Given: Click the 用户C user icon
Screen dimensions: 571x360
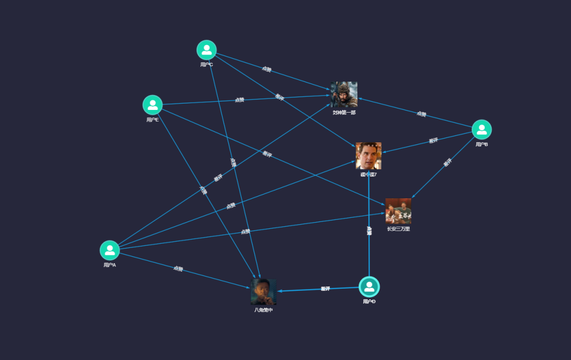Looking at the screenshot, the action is tap(206, 50).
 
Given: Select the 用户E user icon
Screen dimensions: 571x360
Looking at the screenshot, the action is tap(152, 105).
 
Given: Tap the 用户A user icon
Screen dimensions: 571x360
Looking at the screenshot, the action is tap(109, 250).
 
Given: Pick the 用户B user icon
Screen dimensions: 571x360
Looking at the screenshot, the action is tap(481, 130).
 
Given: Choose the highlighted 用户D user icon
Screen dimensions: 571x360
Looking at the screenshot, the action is tap(369, 287).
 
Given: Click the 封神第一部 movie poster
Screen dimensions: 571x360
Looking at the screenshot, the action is tap(344, 95).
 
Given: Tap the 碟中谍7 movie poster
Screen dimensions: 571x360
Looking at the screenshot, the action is tap(369, 155).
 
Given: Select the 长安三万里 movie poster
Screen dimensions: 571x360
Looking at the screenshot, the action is tap(398, 211).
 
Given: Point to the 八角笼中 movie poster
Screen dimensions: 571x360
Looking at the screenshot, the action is tap(263, 292).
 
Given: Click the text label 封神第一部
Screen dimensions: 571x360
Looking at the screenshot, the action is tap(344, 112).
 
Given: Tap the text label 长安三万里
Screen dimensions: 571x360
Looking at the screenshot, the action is tap(398, 229).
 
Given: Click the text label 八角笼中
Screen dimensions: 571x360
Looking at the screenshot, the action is tap(263, 310).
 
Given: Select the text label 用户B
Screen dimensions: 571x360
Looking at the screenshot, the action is tap(481, 144).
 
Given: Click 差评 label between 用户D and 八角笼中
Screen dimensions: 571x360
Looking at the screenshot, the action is tap(325, 289).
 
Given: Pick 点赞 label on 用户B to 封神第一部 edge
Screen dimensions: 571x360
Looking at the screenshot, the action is tap(421, 114).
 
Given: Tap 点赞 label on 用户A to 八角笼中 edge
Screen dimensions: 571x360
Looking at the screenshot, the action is tap(178, 269).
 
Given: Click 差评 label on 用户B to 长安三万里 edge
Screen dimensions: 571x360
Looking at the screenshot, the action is tap(447, 163).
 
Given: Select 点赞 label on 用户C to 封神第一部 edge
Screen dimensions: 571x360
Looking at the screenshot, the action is tap(266, 69).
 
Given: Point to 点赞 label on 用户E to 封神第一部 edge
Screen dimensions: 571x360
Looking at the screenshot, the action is tap(240, 99).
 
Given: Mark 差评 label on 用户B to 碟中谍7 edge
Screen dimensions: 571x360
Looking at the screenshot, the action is tap(433, 141).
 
